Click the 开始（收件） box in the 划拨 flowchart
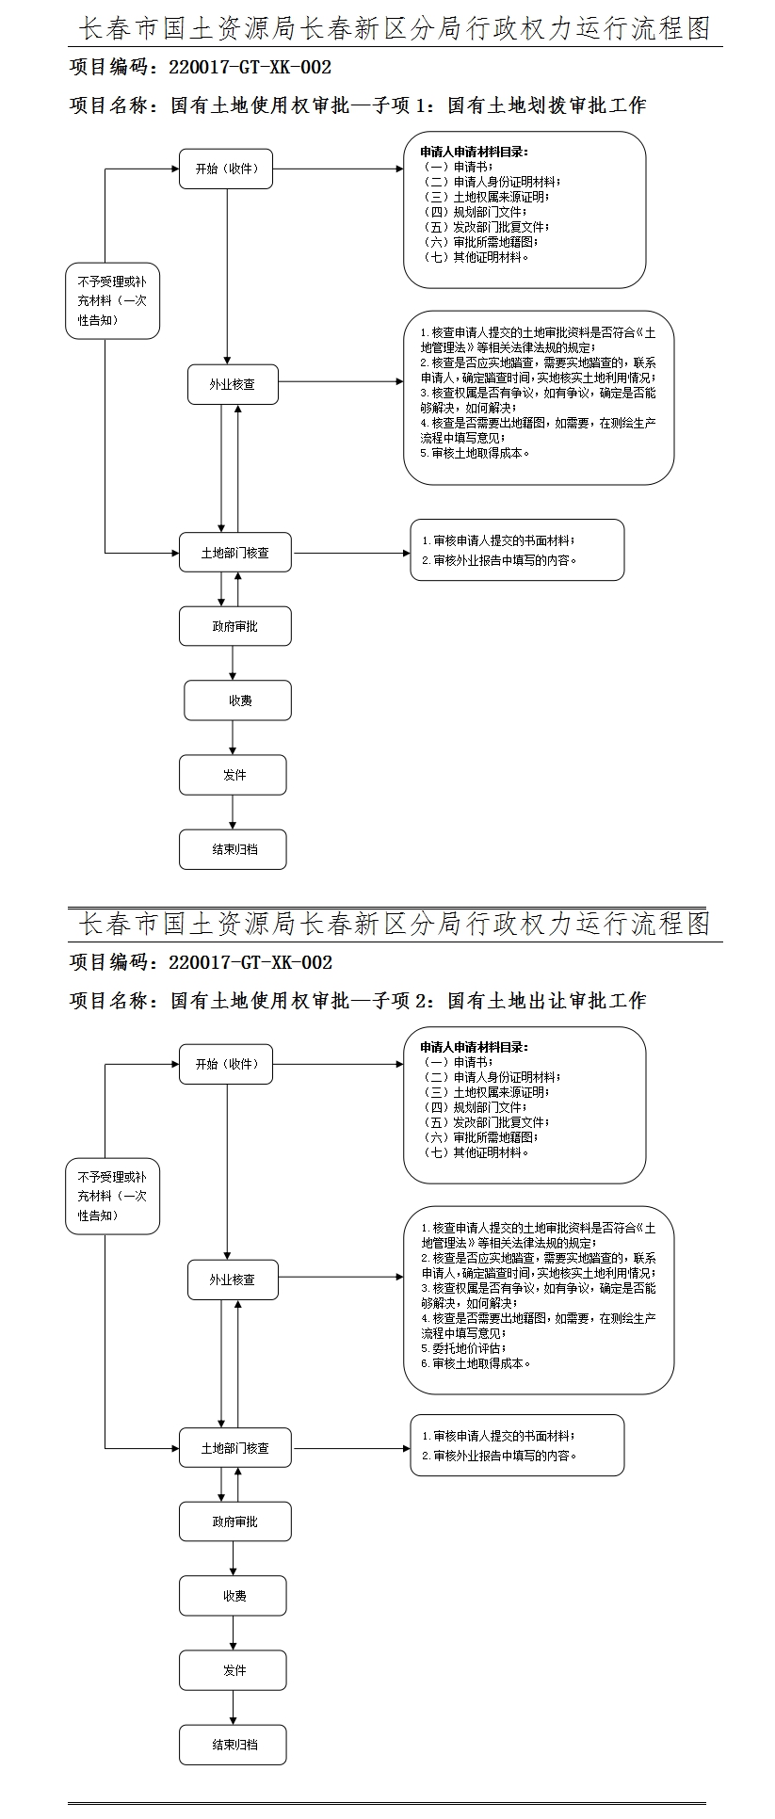point(226,169)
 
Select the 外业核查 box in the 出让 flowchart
point(233,1280)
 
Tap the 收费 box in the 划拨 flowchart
point(237,700)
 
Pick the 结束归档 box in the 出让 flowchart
point(233,1744)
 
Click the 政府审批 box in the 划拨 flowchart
point(234,626)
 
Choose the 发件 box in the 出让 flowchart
point(233,1670)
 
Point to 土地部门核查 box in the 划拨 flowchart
point(234,553)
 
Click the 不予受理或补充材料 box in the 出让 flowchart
point(113,1197)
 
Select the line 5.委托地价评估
point(463,1348)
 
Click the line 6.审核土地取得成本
point(476,1363)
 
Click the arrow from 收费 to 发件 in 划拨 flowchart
point(233,737)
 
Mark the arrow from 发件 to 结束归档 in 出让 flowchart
point(233,1707)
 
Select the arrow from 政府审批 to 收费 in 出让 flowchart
point(233,1558)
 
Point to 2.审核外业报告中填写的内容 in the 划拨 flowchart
point(499,560)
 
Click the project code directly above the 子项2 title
point(201,962)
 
